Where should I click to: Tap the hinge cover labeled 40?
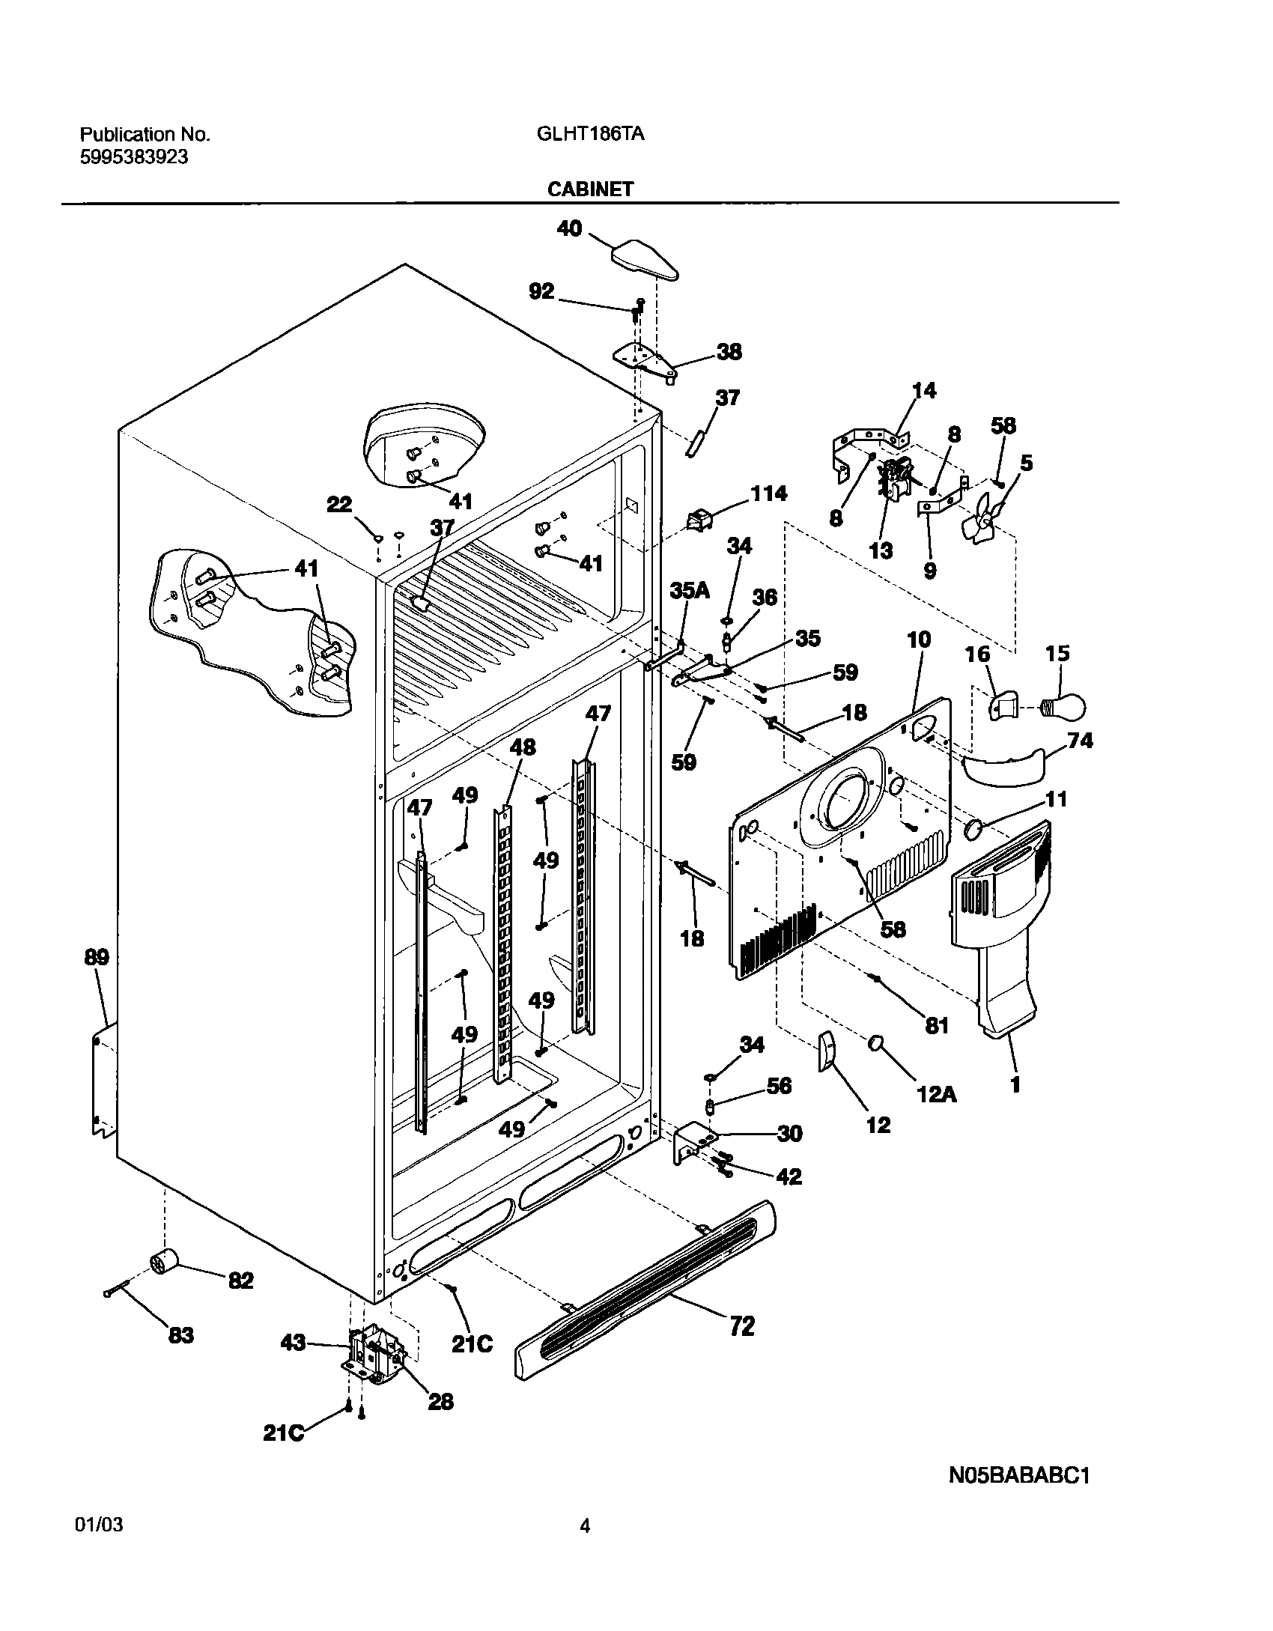coord(645,260)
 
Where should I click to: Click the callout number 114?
coord(768,493)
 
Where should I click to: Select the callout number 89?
coord(97,957)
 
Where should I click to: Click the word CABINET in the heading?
coord(590,189)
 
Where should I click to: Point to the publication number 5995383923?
coord(134,157)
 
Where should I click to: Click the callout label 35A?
coord(689,591)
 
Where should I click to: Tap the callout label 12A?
coord(936,1096)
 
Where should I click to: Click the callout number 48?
coord(523,747)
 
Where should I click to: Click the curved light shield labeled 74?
coord(1003,764)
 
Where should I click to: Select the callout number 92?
coord(541,291)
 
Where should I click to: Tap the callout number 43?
coord(293,1343)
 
